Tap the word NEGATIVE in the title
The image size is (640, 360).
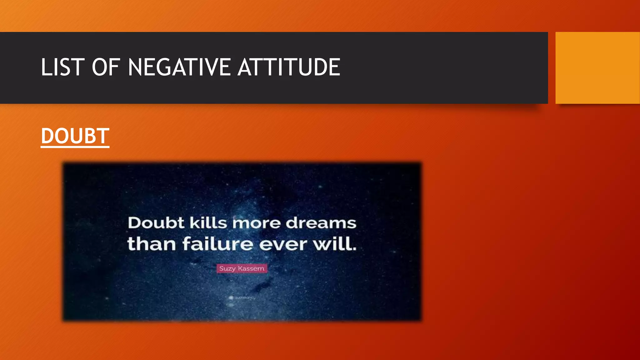(179, 67)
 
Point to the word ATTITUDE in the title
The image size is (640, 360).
(289, 67)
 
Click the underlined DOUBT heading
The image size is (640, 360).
(75, 136)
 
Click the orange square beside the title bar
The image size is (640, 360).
(597, 67)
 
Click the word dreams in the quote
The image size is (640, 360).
(321, 223)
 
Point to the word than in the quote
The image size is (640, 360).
(152, 244)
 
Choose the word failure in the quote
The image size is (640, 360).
(218, 244)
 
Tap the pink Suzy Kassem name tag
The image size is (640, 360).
(242, 268)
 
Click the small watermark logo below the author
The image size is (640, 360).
(231, 298)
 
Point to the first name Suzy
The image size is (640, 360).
(227, 268)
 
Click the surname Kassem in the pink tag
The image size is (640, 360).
(251, 268)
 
